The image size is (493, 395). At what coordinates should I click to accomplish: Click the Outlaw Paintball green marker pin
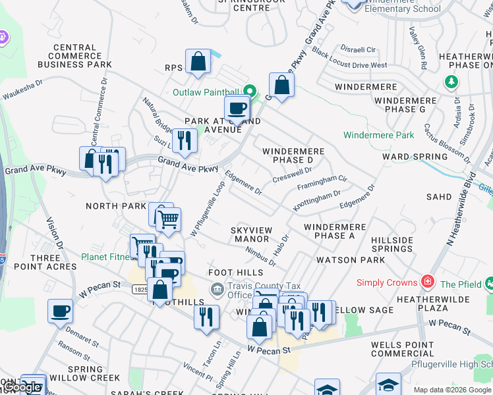[x=250, y=91]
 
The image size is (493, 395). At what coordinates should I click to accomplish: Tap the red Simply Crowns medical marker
[x=428, y=282]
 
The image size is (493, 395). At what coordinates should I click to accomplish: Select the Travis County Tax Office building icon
[x=217, y=289]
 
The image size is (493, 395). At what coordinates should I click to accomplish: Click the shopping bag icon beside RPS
[x=198, y=63]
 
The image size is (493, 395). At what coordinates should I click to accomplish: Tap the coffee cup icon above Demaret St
[x=61, y=311]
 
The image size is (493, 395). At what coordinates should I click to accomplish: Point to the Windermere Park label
[x=378, y=135]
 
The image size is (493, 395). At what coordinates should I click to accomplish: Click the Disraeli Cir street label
[x=358, y=49]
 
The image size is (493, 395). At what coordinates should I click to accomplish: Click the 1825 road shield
[x=140, y=289]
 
